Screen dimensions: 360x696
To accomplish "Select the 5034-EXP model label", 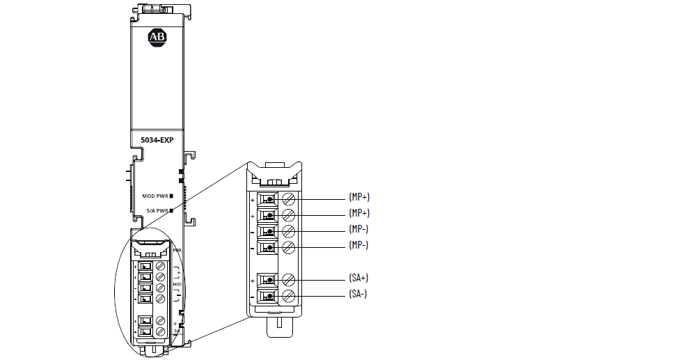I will (x=157, y=140).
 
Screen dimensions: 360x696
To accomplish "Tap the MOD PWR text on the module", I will (x=155, y=196).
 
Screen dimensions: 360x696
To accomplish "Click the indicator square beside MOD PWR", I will (x=171, y=196).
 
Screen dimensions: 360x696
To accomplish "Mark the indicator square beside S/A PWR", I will (x=171, y=210).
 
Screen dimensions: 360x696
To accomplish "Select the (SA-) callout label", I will (x=357, y=295).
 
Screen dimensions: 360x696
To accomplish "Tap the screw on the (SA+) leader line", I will (x=287, y=280).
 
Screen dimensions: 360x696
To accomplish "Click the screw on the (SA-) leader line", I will (x=287, y=296).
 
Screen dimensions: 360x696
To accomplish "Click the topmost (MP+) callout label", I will (x=358, y=198).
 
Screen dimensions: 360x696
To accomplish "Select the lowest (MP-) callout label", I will (x=358, y=244).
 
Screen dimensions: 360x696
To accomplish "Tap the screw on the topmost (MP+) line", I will (x=287, y=199).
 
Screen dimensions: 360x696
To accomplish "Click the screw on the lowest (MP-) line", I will (x=287, y=247).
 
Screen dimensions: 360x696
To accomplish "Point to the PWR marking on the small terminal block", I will (x=177, y=249).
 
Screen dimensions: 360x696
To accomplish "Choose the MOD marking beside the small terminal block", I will (x=177, y=284).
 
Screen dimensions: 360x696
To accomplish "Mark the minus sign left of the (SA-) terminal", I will (x=252, y=297).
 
